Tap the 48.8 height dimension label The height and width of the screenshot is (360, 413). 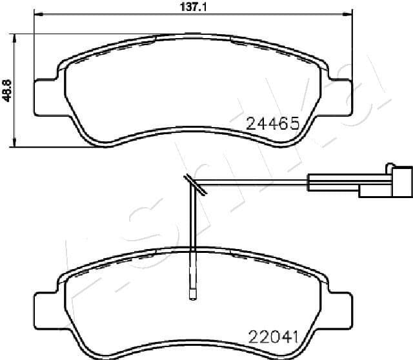(x=7, y=90)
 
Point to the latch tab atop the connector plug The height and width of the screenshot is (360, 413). (x=389, y=166)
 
